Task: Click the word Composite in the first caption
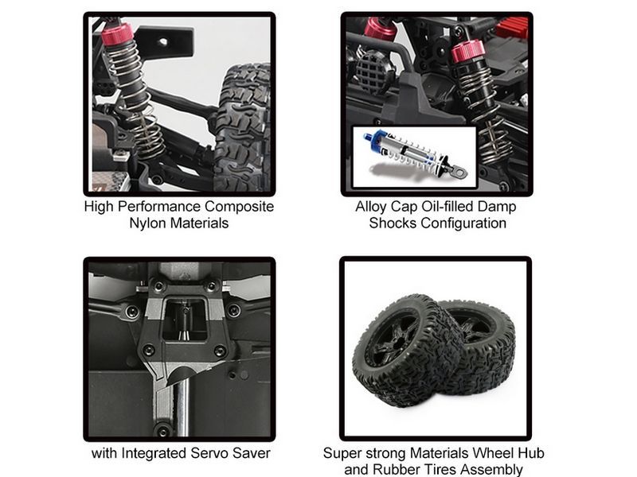tap(239, 207)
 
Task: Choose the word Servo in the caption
tap(209, 453)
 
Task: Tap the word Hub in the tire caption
tap(531, 453)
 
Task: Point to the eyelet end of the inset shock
tap(459, 172)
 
